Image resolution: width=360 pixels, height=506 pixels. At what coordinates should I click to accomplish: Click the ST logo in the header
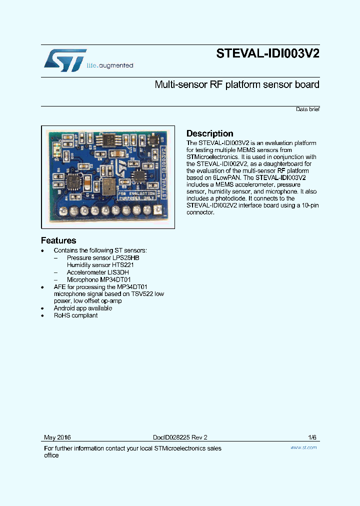pyautogui.click(x=65, y=60)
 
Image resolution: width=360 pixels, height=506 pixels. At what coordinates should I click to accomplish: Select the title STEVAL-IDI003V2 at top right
pyautogui.click(x=267, y=54)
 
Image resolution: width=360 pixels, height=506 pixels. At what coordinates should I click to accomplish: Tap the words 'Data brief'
pyautogui.click(x=307, y=109)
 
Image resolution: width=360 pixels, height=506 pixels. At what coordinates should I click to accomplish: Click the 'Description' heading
pyautogui.click(x=209, y=133)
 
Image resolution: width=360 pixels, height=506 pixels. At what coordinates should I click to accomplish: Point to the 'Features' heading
pyautogui.click(x=58, y=240)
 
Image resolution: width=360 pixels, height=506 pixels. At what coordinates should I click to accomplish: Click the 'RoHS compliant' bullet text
pyautogui.click(x=75, y=315)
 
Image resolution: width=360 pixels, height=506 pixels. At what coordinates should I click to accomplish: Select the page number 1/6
pyautogui.click(x=312, y=437)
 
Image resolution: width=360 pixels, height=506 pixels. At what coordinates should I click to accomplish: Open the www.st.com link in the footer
pyautogui.click(x=303, y=447)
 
